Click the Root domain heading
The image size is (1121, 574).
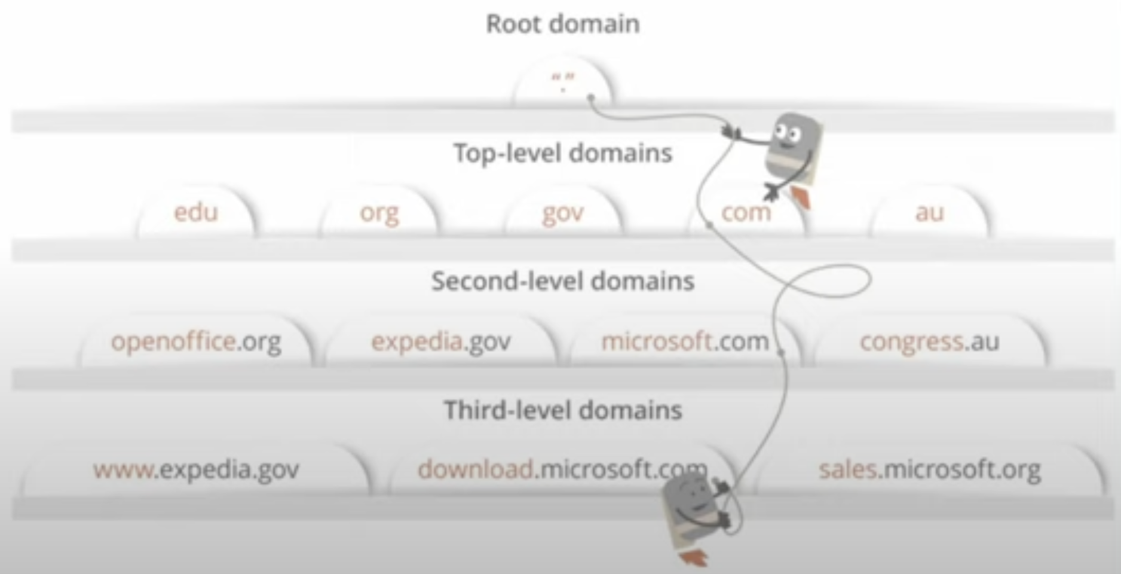click(x=562, y=24)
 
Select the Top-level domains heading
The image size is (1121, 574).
click(x=562, y=153)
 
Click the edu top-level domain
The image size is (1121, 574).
click(x=196, y=212)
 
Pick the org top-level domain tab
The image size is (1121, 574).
click(x=379, y=213)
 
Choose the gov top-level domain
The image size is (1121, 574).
click(x=562, y=213)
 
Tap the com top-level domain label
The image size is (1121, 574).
click(x=746, y=212)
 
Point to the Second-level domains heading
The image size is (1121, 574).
click(x=562, y=281)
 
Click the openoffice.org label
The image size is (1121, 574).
click(x=196, y=341)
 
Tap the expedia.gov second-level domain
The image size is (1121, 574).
click(x=441, y=341)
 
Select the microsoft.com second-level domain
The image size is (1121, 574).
click(x=685, y=341)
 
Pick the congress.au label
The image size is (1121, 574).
click(x=929, y=341)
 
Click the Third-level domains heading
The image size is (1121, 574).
click(x=562, y=410)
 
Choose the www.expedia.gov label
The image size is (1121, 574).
click(x=196, y=469)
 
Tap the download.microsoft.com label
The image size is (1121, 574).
click(x=562, y=469)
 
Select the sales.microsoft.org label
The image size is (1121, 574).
click(x=929, y=469)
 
